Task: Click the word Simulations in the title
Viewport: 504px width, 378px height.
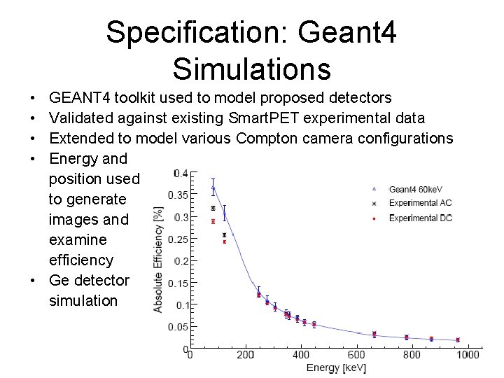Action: [x=251, y=69]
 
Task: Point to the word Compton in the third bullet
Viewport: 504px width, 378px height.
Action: [x=267, y=138]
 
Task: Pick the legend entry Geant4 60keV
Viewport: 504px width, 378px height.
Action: [x=416, y=189]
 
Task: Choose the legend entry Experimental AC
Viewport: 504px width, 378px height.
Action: [x=420, y=203]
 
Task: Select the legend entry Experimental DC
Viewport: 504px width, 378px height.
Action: [x=420, y=218]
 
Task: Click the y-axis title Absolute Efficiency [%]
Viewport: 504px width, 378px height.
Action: [x=159, y=259]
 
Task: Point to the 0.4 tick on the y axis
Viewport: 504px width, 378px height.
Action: [x=181, y=173]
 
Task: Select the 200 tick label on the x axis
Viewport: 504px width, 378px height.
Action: [x=245, y=355]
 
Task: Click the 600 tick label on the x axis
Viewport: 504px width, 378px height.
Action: [x=357, y=355]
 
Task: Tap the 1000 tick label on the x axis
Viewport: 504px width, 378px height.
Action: [x=468, y=355]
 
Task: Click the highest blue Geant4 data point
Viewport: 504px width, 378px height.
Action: [x=213, y=188]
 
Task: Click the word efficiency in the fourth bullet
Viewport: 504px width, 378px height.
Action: [x=80, y=260]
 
